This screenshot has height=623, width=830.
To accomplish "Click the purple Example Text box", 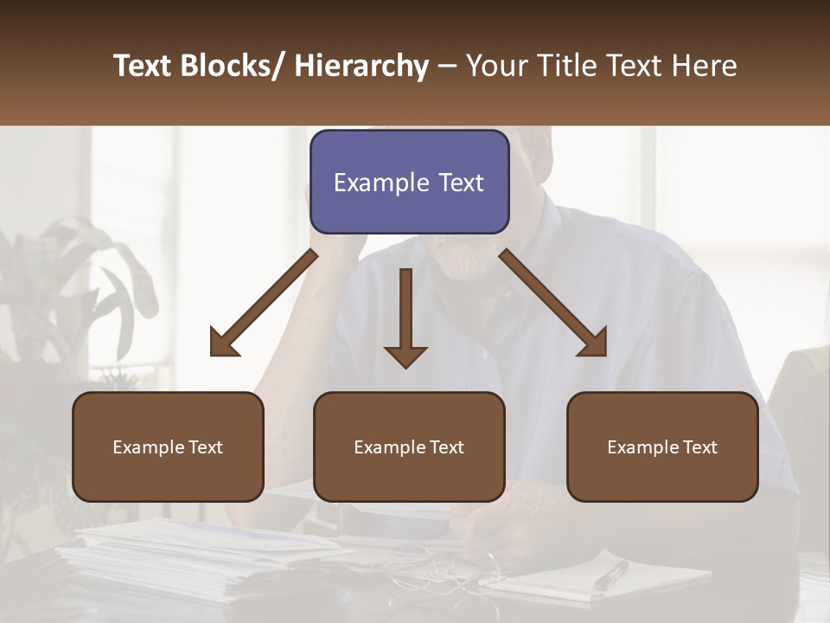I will tap(409, 182).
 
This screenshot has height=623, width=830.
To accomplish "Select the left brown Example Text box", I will tap(168, 446).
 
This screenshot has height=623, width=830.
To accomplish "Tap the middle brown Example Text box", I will tap(409, 446).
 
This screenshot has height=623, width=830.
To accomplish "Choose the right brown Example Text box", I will tap(662, 446).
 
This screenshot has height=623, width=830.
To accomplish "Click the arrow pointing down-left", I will tap(263, 303).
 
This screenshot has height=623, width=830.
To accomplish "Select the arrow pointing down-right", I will tap(553, 303).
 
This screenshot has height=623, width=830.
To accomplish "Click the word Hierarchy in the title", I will tap(361, 66).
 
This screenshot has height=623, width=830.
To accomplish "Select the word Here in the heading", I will tap(706, 66).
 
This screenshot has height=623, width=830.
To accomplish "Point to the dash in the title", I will tap(447, 66).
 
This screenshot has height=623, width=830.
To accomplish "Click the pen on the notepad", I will tap(612, 575).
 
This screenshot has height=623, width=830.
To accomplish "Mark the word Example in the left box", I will tap(148, 447).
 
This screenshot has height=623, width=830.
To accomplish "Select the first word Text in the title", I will tap(144, 66).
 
